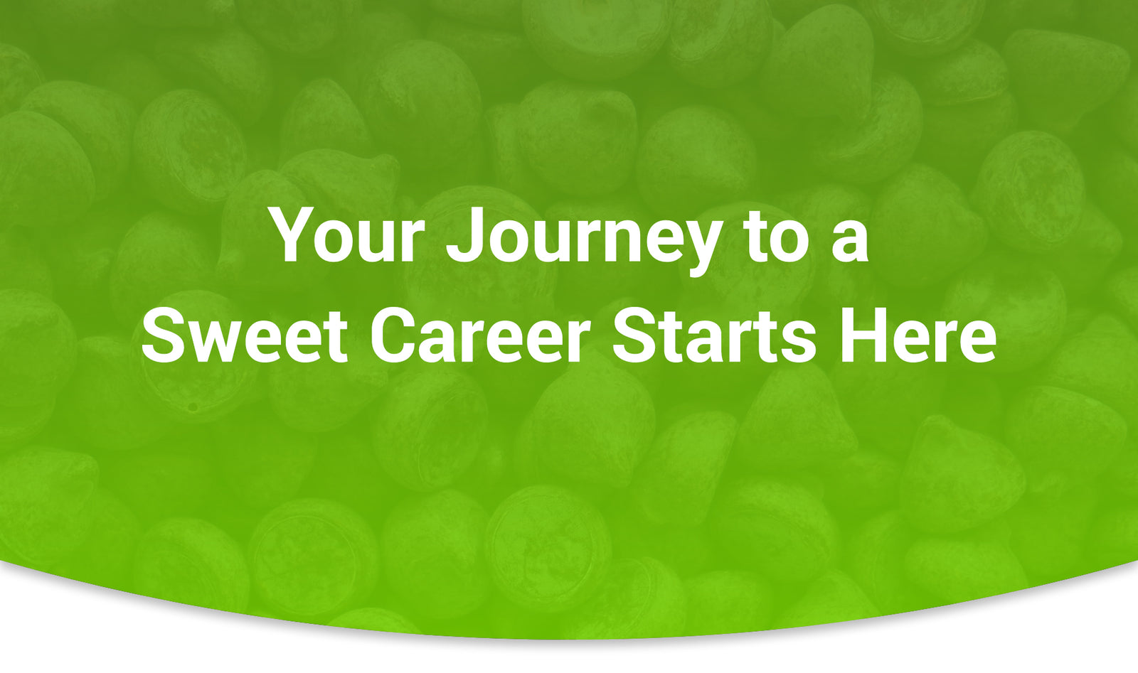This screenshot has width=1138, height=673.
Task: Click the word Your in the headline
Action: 349,235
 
